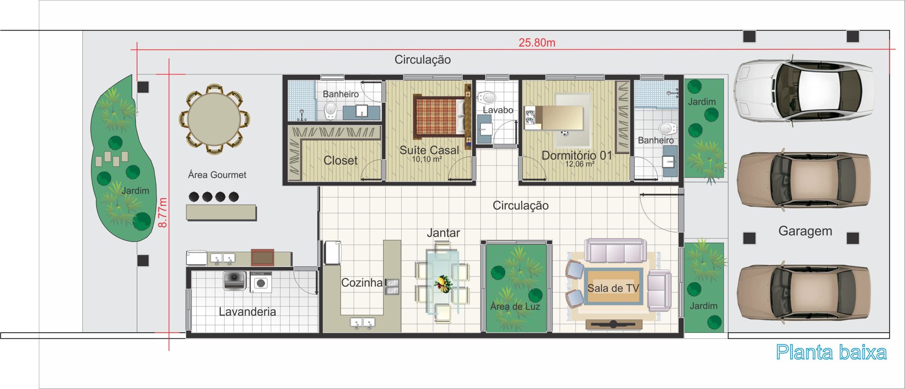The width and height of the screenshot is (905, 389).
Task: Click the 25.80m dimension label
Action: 537,43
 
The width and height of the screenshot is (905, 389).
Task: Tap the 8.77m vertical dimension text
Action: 162,212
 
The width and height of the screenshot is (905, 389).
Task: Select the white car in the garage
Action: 803,91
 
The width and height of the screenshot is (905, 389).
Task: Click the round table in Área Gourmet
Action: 214,119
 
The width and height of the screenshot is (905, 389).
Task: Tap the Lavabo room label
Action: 498,110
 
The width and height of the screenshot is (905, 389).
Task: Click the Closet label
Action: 340,161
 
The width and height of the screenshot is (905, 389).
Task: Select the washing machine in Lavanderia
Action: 261,282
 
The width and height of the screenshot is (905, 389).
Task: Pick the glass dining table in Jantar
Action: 443,282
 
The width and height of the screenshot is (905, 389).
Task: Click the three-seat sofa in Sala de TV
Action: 615,251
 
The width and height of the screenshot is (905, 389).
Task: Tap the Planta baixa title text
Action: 831,352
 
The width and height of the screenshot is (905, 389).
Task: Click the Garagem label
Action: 805,231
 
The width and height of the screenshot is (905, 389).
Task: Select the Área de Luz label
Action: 515,307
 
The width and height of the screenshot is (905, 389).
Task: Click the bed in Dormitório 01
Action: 554,117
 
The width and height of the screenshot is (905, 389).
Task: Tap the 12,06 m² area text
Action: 579,164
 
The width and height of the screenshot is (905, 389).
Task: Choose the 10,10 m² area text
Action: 427,159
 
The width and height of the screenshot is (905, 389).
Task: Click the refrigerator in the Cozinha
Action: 333,252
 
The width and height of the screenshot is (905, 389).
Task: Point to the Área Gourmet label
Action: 217,175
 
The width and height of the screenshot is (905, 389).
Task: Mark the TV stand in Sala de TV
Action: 613,324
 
